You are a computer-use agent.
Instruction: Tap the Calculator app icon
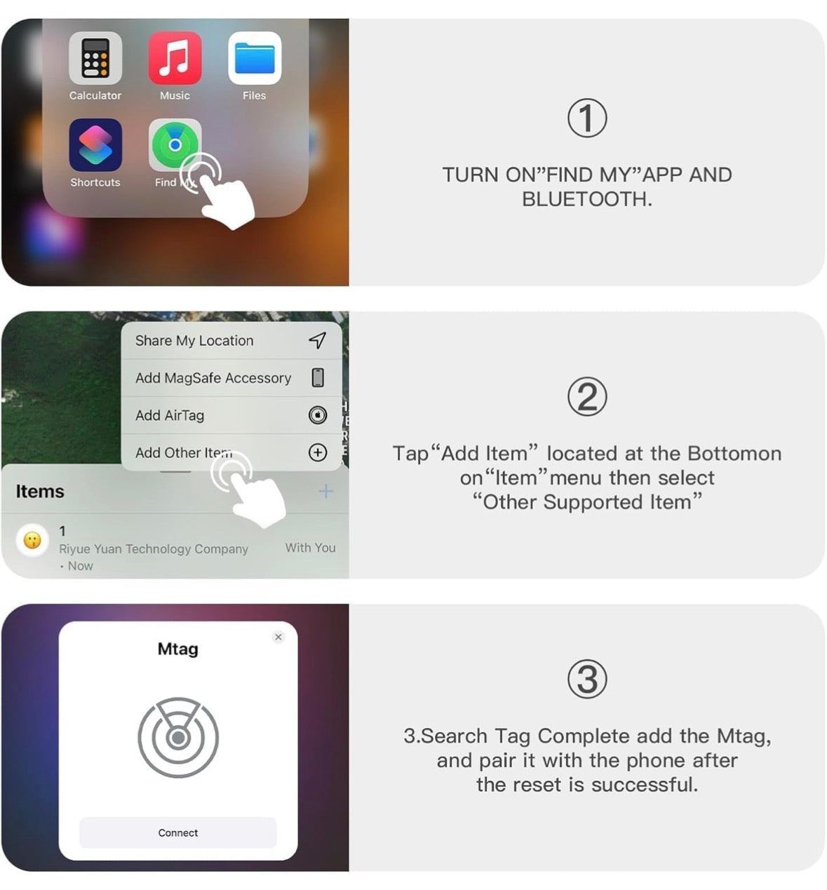coord(95,58)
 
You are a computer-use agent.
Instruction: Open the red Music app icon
coord(175,58)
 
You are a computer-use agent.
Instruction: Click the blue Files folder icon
coord(255,58)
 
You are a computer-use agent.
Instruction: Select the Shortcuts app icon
coord(95,145)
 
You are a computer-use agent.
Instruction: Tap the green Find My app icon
coord(175,144)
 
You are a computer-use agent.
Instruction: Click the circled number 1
coord(587,119)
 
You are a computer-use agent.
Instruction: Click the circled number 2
coord(587,397)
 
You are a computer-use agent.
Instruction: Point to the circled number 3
coord(587,679)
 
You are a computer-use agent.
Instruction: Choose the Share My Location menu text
coord(194,341)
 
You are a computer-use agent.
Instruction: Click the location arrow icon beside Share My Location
coord(317,340)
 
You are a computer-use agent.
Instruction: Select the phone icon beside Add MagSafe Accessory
coord(318,377)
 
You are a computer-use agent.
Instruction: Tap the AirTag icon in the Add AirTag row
coord(317,415)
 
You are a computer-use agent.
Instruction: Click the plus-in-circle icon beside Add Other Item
coord(317,452)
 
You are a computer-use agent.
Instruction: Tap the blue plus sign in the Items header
coord(326,491)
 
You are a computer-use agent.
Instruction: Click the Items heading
coord(40,492)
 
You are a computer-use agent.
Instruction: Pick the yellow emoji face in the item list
coord(32,540)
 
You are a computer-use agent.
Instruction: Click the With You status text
coord(310,548)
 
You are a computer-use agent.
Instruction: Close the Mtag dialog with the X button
coord(278,637)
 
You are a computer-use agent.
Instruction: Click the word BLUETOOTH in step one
coord(586,199)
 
